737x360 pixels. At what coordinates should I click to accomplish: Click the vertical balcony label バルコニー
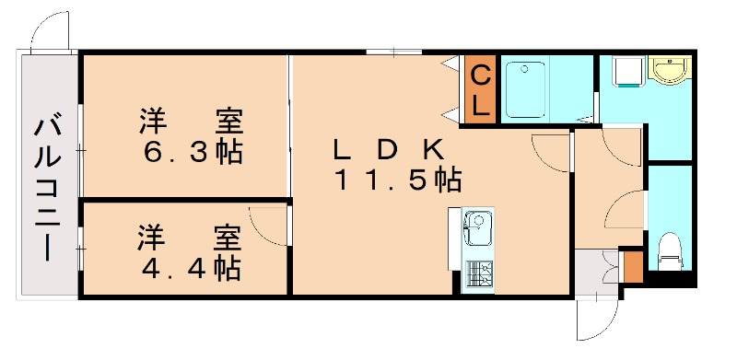(45, 188)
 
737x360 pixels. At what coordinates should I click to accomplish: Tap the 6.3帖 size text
(192, 152)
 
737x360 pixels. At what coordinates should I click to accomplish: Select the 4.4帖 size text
(191, 268)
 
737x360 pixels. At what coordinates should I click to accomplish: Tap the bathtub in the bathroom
(528, 89)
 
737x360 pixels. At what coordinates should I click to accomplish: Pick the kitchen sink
(475, 226)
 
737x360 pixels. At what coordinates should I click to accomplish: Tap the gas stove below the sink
(478, 274)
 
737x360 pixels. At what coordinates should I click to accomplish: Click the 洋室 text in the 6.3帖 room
(192, 121)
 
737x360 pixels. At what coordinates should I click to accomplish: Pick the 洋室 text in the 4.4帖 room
(191, 237)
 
